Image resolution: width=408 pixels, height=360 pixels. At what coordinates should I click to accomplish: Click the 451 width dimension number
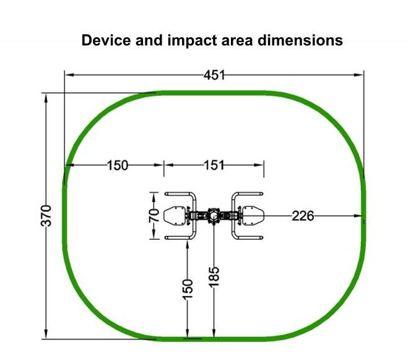click(214, 75)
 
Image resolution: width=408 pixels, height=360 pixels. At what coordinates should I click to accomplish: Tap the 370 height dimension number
click(47, 216)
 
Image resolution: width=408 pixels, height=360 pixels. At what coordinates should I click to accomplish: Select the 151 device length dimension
click(214, 165)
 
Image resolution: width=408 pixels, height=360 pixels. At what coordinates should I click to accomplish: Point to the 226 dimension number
click(303, 216)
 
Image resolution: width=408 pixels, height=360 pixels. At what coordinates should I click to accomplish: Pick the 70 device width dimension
click(154, 216)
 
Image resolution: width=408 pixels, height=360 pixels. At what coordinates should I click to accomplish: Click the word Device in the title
click(106, 40)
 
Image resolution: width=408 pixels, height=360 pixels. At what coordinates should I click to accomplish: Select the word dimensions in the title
click(300, 40)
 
